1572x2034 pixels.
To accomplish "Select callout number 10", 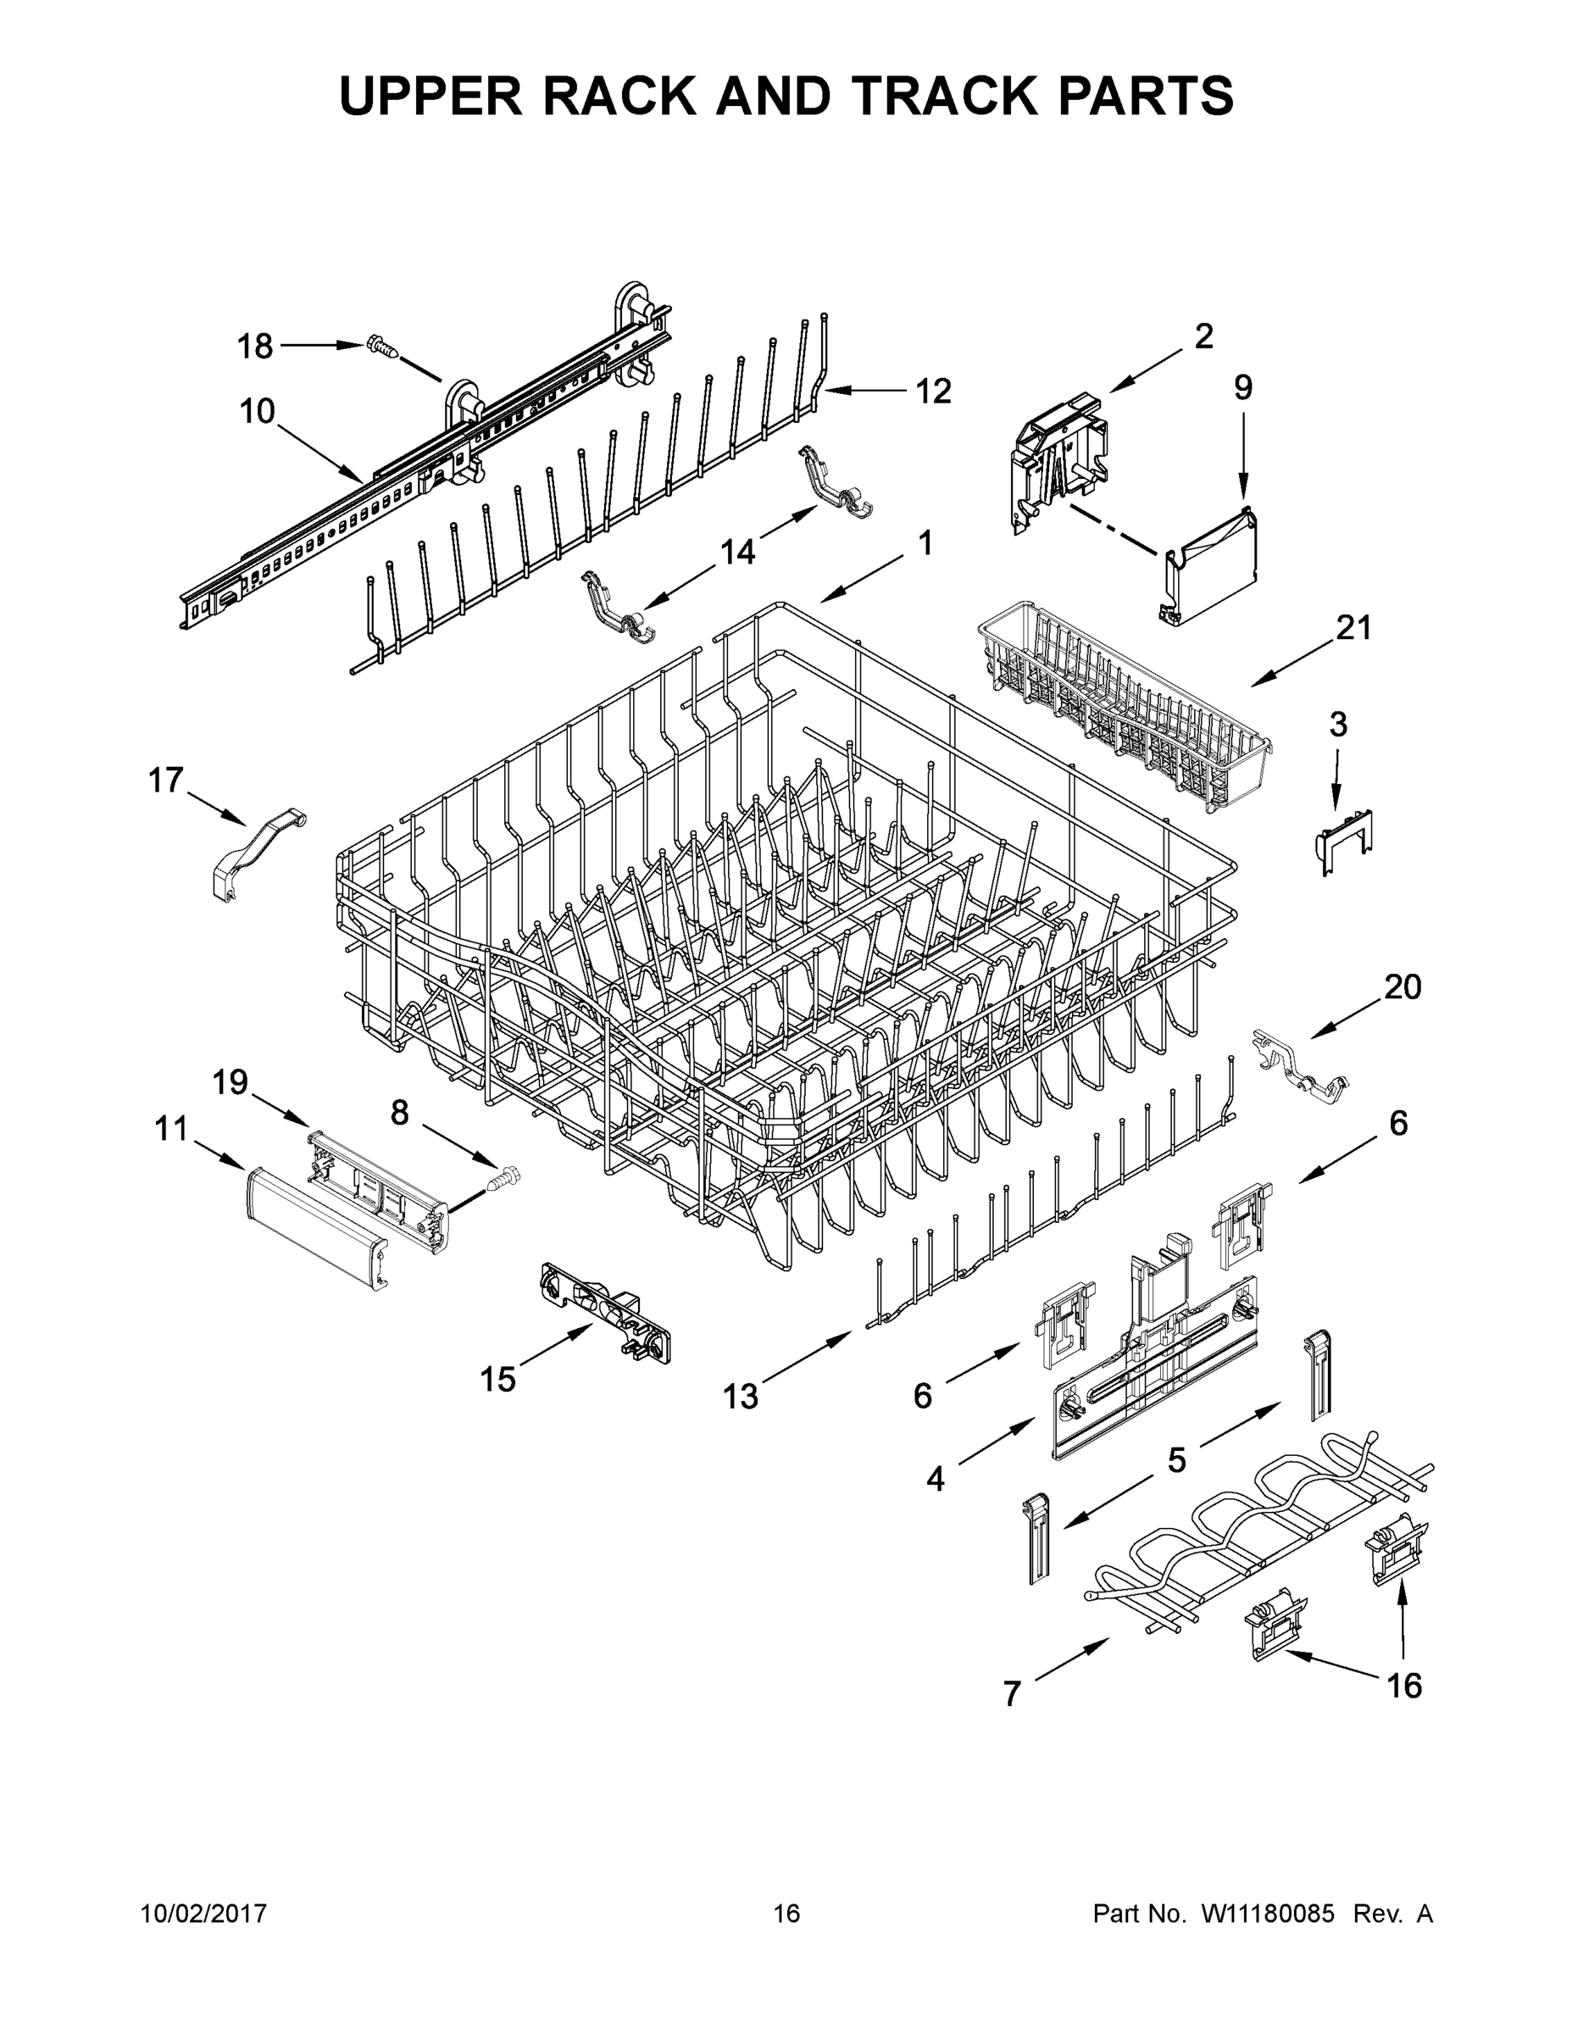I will click(257, 411).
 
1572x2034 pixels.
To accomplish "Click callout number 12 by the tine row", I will click(932, 392).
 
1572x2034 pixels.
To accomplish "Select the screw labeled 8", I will click(502, 1181).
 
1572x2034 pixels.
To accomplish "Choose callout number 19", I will click(229, 1082).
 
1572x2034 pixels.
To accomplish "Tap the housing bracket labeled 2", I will click(1060, 458).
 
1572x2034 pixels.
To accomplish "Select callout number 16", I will click(1404, 1685).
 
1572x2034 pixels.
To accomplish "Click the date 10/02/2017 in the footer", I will click(204, 1913).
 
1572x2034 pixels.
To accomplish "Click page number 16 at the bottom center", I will click(786, 1913).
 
